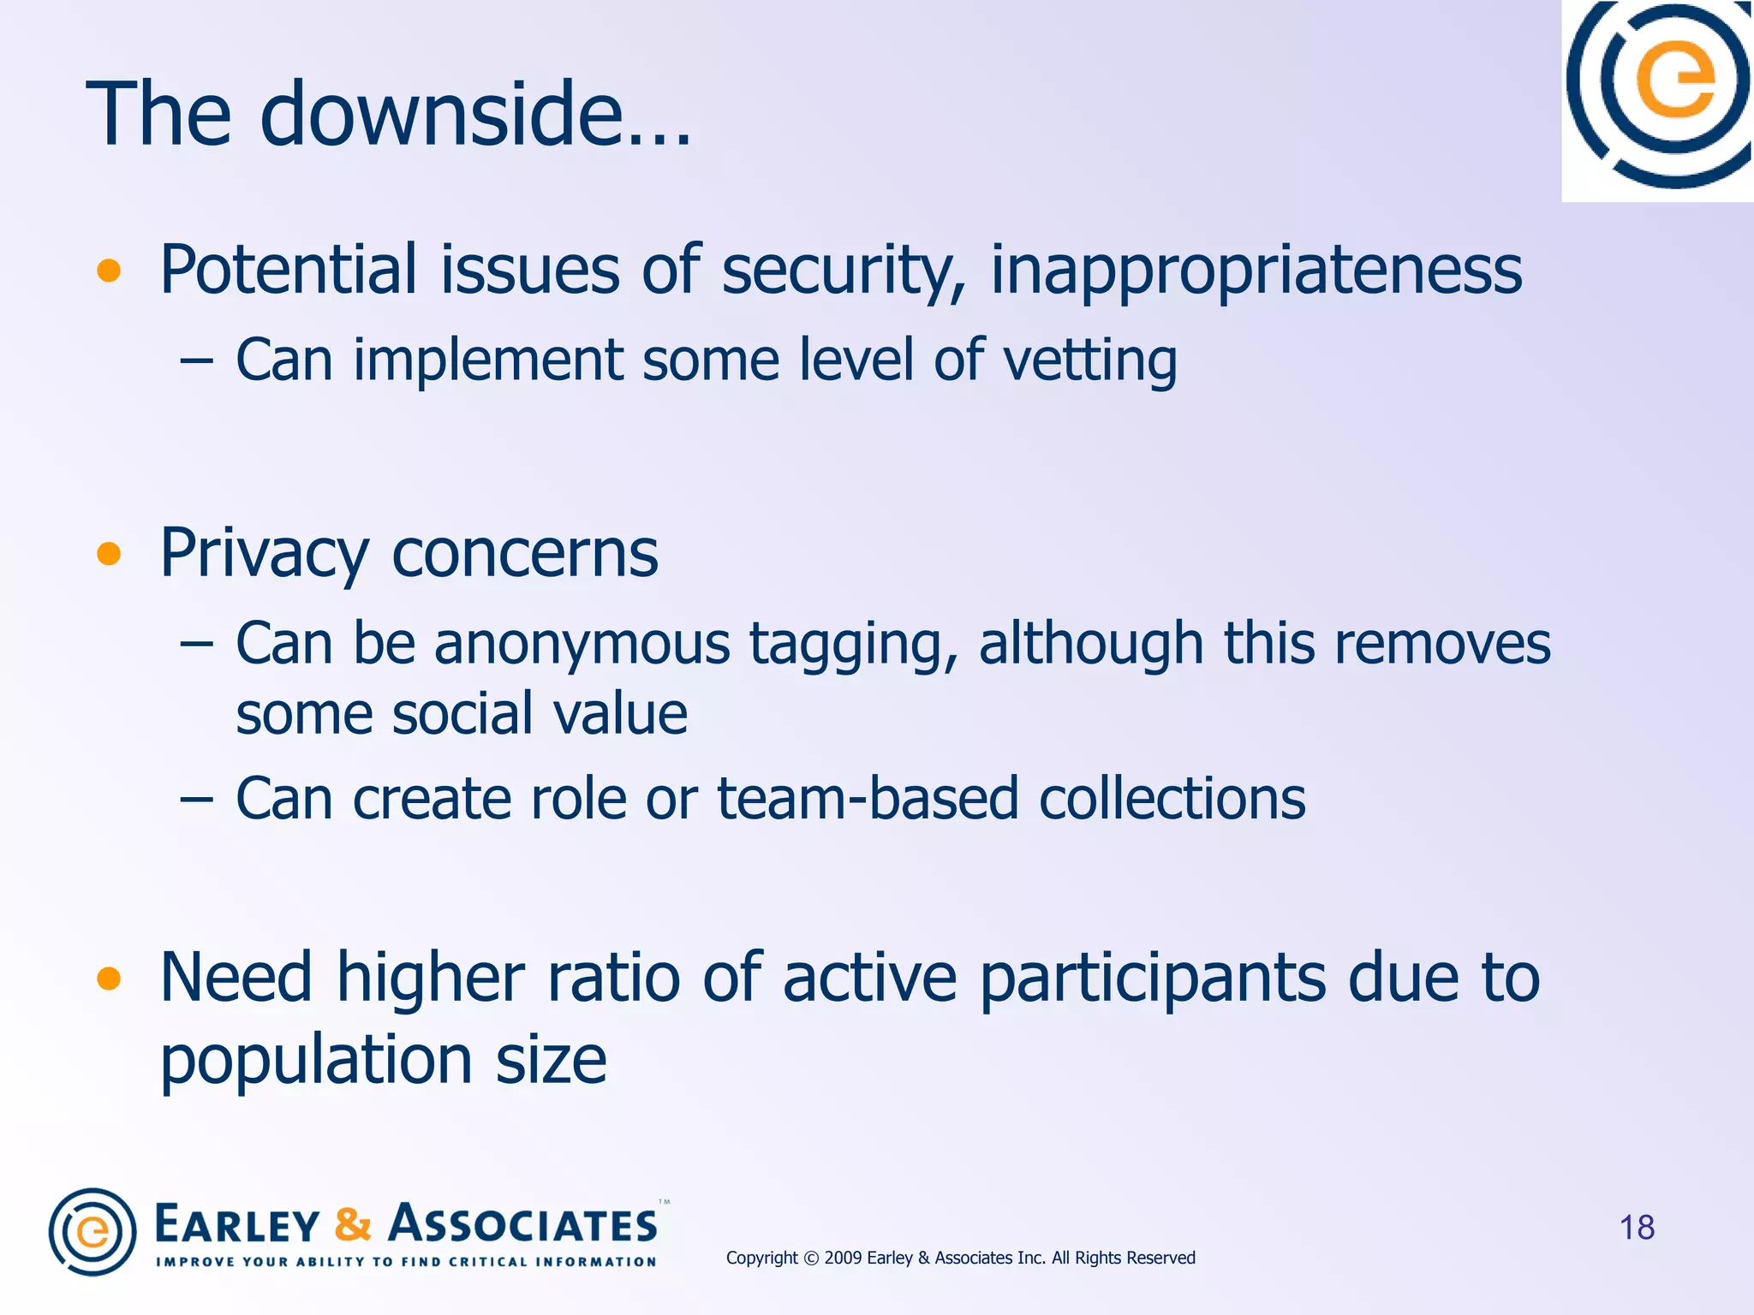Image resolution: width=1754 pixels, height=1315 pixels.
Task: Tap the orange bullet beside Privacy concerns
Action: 109,554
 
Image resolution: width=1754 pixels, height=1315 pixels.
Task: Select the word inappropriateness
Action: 1256,271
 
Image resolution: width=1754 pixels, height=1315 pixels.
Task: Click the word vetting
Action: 1089,360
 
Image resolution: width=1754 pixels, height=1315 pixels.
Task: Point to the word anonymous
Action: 582,644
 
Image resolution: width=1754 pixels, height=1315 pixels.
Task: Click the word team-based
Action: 868,799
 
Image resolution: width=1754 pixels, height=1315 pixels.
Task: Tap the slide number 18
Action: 1637,1228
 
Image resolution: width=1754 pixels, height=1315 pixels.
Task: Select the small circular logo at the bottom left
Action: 92,1232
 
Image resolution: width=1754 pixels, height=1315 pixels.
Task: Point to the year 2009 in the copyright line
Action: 843,1258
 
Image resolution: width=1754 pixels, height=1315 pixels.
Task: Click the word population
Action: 316,1060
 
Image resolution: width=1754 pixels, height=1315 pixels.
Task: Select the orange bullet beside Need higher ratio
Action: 109,979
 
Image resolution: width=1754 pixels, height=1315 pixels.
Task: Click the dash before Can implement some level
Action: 196,361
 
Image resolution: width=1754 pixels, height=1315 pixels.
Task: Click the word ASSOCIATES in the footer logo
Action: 523,1224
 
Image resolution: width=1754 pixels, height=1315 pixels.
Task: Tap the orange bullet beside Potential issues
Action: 109,271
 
